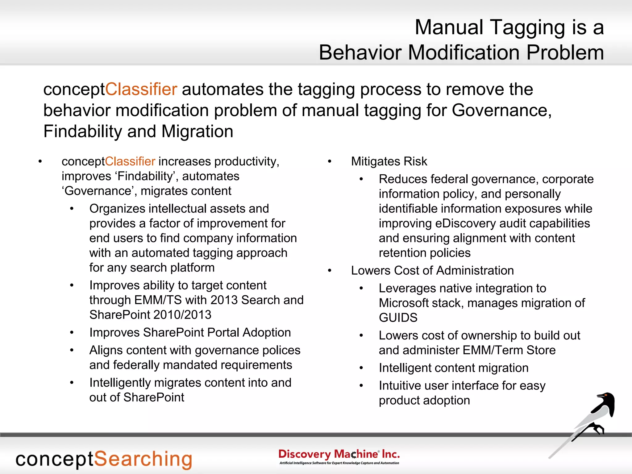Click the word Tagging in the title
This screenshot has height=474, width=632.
point(527,28)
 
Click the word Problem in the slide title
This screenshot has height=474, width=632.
point(565,52)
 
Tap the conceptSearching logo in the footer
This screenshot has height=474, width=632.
point(104,459)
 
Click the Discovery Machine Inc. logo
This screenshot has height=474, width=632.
point(339,456)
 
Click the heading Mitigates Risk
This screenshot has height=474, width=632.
point(389,161)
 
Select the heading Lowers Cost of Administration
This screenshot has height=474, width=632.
point(432,271)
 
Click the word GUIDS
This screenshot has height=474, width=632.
point(398,318)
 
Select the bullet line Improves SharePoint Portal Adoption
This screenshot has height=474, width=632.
point(190,333)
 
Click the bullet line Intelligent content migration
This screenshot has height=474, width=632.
point(453,368)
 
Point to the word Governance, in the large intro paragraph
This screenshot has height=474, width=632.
point(501,110)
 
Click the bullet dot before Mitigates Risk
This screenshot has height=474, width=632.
point(330,162)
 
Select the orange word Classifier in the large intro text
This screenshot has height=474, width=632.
point(141,89)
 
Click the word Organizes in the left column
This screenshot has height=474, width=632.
point(117,209)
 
